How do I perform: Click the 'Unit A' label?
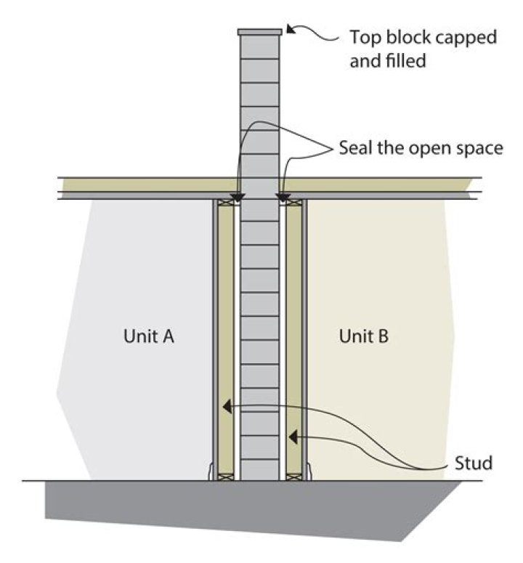(x=149, y=336)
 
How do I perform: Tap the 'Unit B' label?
(x=364, y=336)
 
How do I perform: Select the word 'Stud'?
(x=474, y=463)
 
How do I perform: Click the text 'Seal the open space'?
(x=421, y=148)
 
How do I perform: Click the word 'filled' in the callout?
(x=406, y=60)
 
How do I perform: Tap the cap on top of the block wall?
(x=259, y=32)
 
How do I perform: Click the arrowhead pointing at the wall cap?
(x=291, y=29)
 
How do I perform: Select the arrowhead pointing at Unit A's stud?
(x=227, y=407)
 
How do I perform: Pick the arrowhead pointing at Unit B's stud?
(x=293, y=437)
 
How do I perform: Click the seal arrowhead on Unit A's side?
(x=238, y=197)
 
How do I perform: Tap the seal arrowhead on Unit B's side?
(x=283, y=197)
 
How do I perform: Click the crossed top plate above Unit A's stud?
(x=225, y=203)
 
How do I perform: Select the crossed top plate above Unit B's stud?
(x=294, y=203)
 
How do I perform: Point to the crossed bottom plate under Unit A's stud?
(x=225, y=477)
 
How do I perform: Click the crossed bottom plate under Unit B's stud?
(x=294, y=477)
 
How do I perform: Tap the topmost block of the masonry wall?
(x=259, y=47)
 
